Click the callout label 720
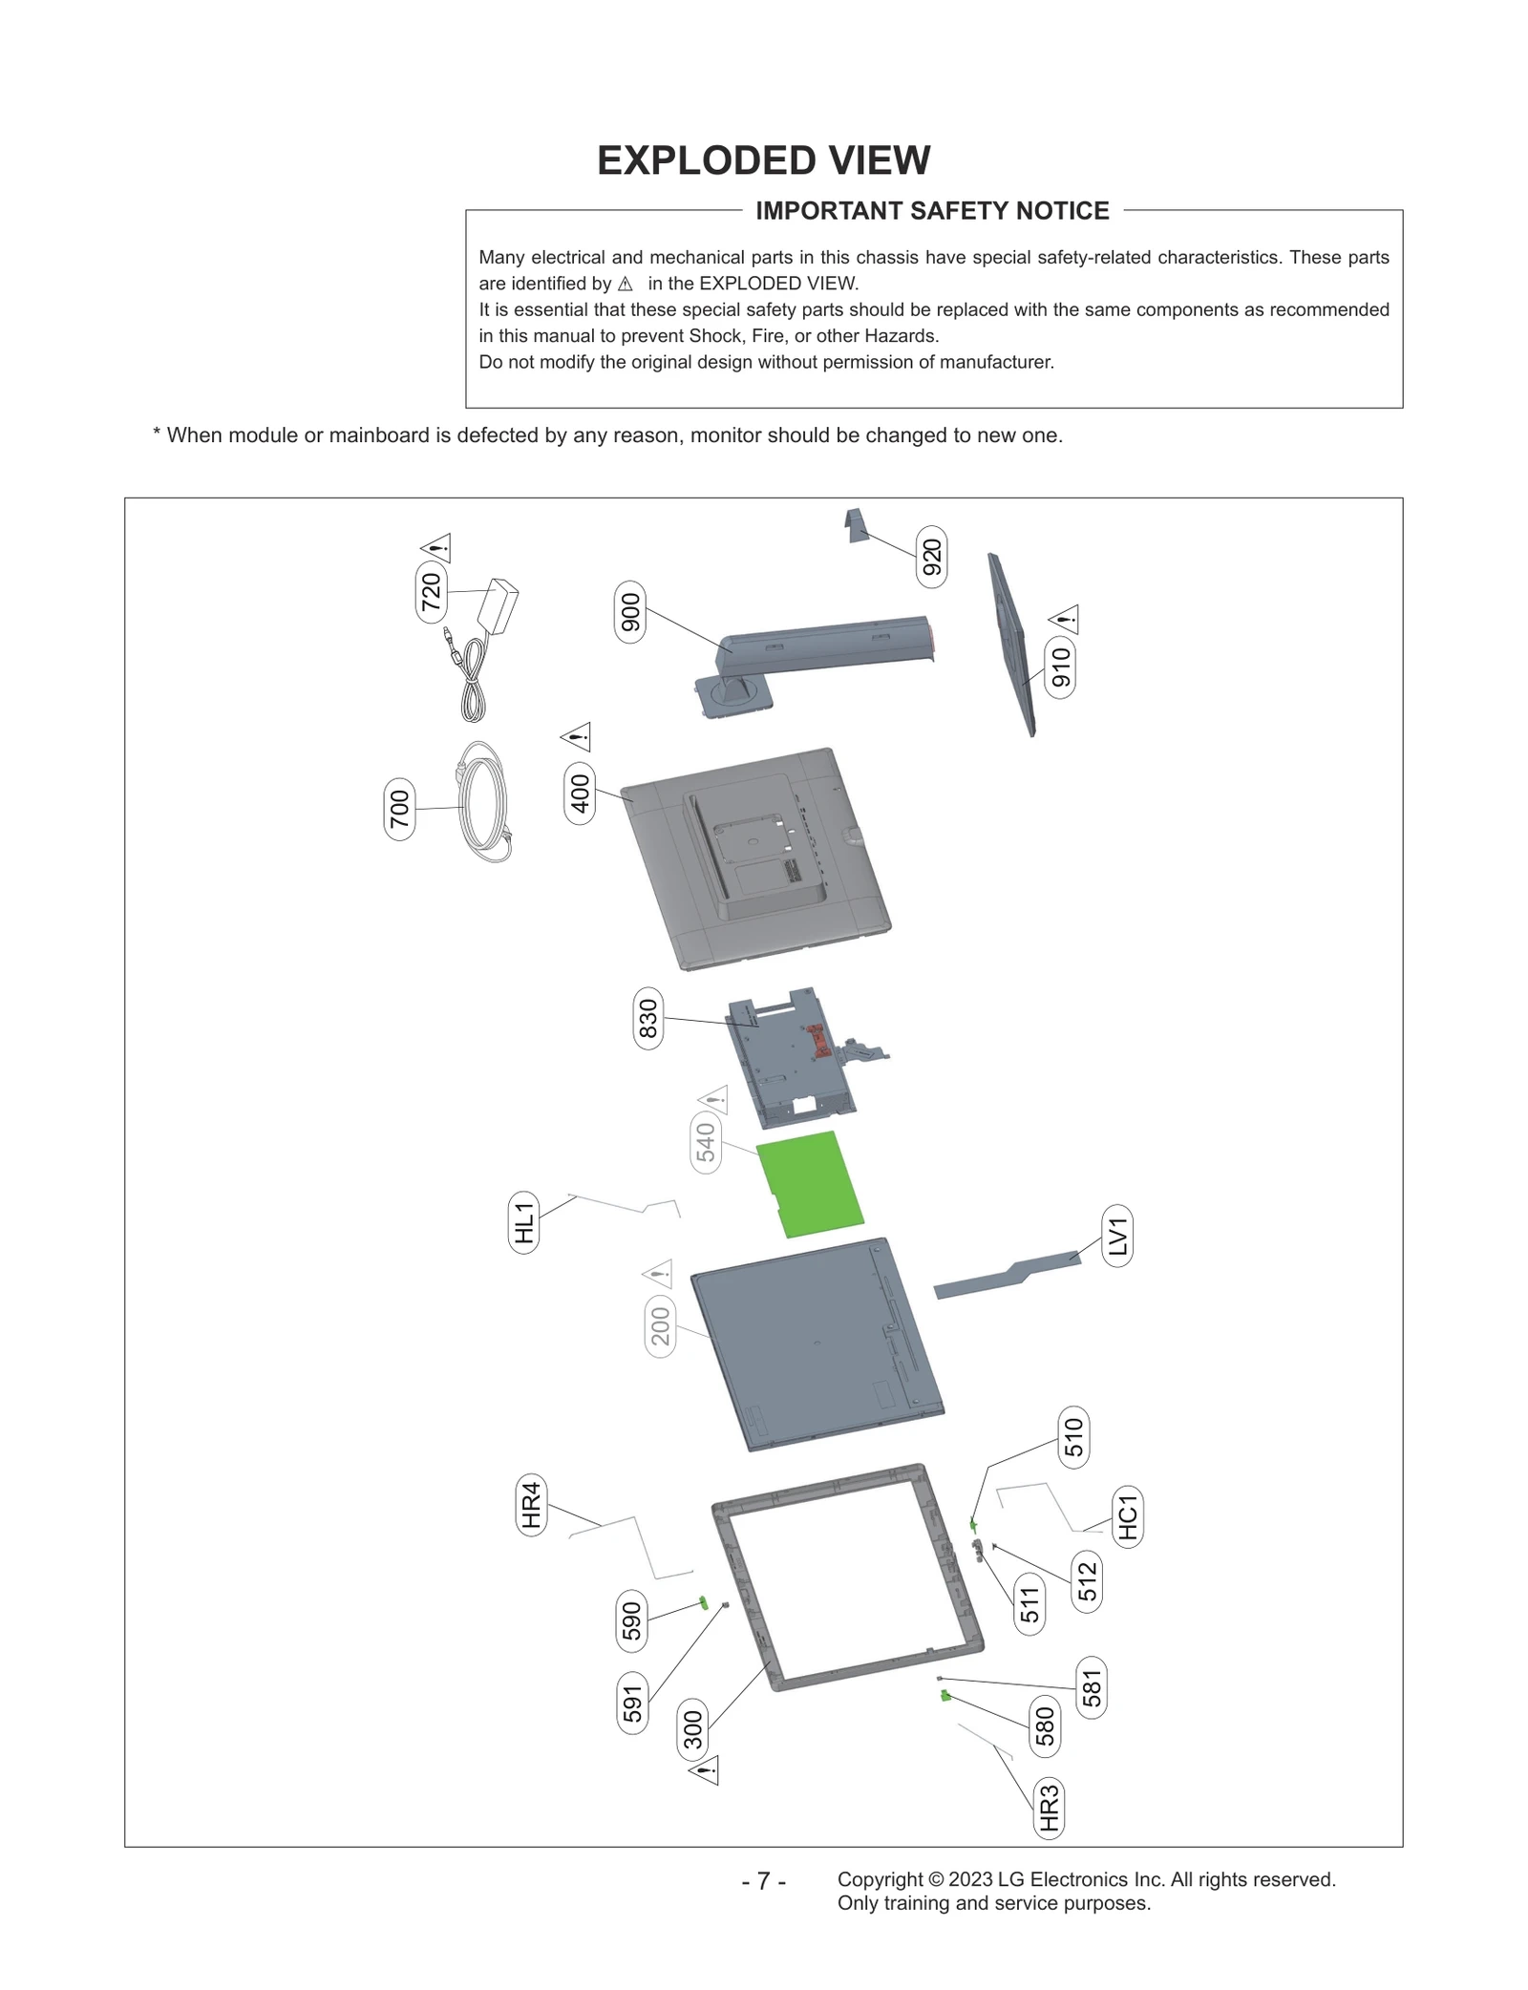(x=432, y=592)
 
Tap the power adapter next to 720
(x=501, y=605)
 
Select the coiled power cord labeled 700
(x=484, y=803)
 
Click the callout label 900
(x=630, y=612)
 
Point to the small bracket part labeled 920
(x=857, y=524)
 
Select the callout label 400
(x=580, y=793)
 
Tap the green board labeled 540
(x=811, y=1184)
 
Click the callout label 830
(x=648, y=1018)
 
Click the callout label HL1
(x=523, y=1222)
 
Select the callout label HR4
(x=531, y=1505)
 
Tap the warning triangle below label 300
(x=705, y=1769)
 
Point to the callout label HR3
(x=1049, y=1808)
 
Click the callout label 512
(x=1088, y=1582)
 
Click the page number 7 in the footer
(x=763, y=1880)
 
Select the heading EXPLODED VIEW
(x=763, y=160)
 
